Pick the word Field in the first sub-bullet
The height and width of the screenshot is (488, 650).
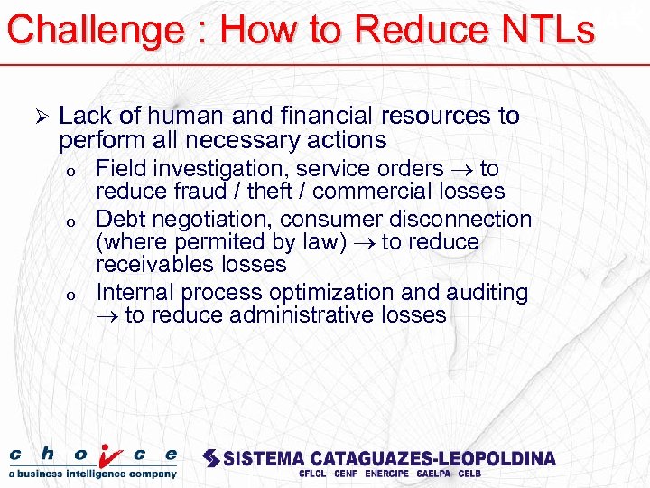point(122,169)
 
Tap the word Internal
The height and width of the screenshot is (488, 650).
point(135,293)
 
